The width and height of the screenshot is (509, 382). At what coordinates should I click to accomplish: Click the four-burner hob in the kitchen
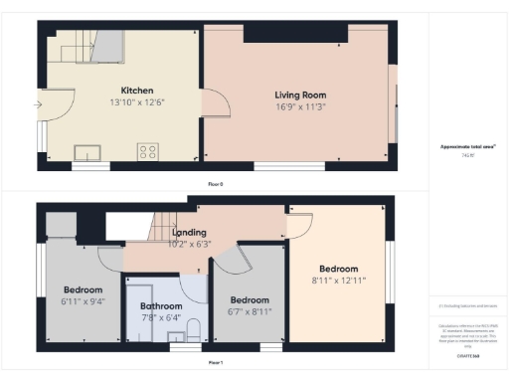click(x=148, y=152)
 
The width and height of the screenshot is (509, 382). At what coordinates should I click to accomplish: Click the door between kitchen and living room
click(x=215, y=103)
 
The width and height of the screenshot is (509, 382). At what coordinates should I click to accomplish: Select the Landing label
click(x=189, y=233)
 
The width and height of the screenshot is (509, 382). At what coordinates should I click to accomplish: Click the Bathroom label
click(x=160, y=306)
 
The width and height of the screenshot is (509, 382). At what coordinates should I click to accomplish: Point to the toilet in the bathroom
click(x=195, y=329)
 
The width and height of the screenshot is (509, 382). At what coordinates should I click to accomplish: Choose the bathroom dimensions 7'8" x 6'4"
click(x=160, y=318)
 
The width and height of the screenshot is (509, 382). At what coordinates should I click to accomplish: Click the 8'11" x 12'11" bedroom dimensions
click(x=338, y=282)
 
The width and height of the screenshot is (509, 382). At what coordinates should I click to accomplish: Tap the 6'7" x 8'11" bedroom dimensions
click(x=250, y=312)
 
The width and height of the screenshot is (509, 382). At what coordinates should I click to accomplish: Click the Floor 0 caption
click(x=215, y=184)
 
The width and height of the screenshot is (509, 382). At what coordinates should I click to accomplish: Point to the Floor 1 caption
click(x=215, y=364)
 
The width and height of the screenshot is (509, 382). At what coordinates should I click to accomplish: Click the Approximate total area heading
click(x=468, y=147)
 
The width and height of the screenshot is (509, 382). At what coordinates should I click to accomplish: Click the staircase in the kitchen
click(x=85, y=44)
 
